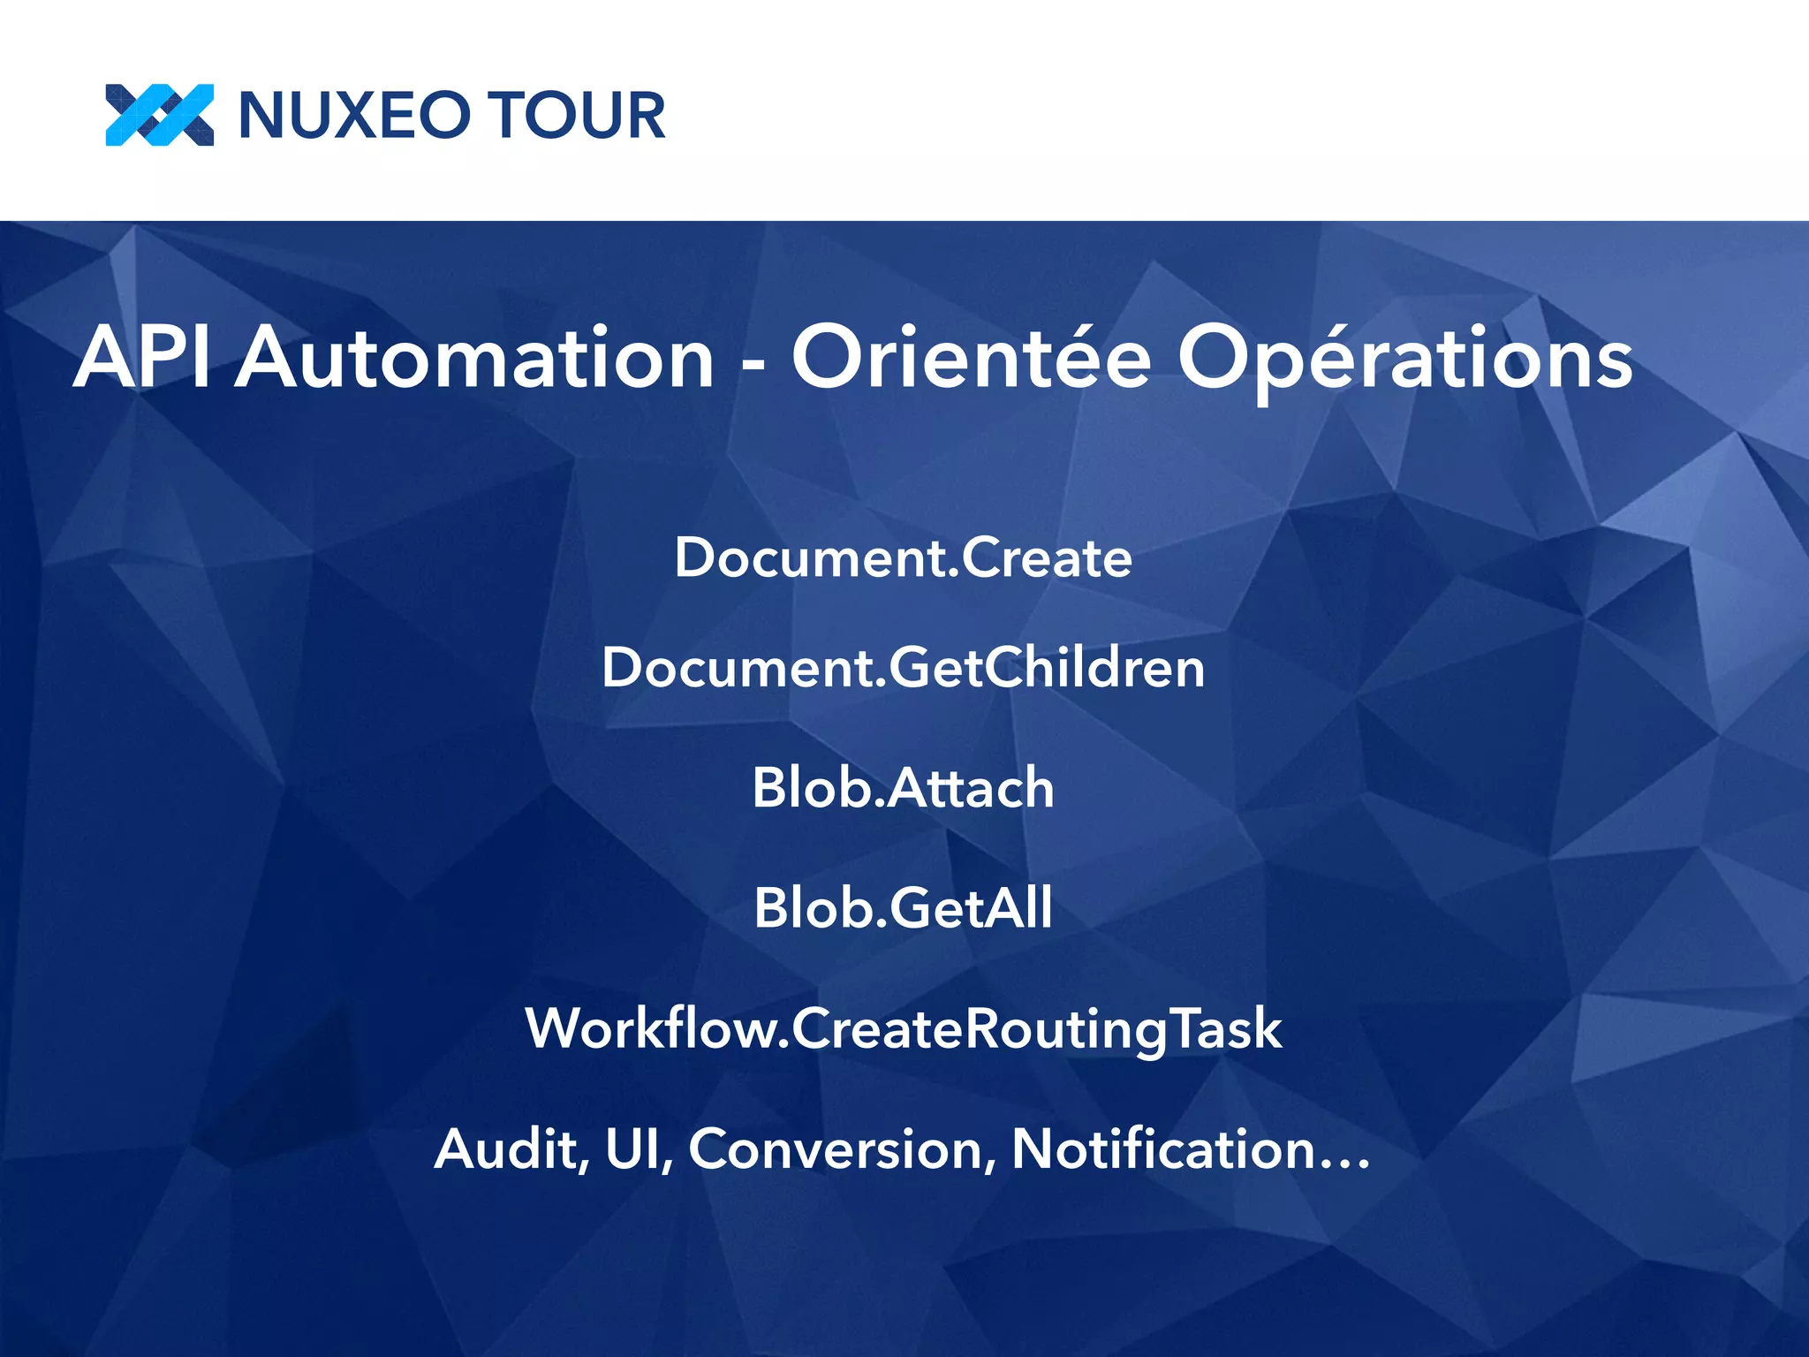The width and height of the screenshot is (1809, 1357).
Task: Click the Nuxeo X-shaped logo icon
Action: point(159,115)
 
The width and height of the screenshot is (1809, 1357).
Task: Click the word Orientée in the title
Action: point(972,357)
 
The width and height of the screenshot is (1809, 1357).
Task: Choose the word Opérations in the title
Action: point(1404,359)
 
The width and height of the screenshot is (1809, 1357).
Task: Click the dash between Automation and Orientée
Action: point(753,363)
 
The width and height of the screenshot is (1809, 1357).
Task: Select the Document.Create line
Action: point(903,558)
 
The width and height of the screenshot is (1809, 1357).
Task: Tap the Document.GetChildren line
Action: point(903,668)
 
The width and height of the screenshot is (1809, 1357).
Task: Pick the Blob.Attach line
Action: point(903,787)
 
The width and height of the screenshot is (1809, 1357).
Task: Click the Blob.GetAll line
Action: point(903,908)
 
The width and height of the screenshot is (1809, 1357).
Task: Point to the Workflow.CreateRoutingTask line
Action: point(903,1029)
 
